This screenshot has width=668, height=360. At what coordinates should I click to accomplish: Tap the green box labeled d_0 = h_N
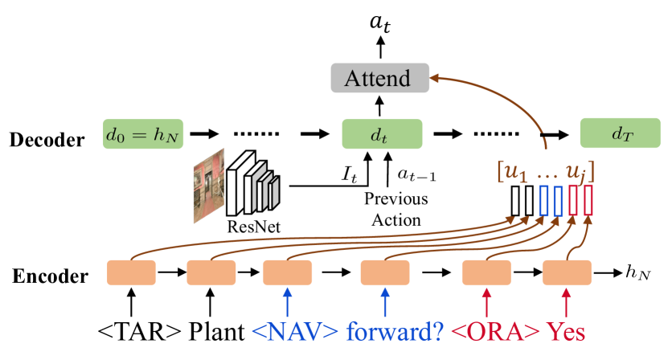pos(143,135)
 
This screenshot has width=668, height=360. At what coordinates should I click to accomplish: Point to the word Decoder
pos(47,140)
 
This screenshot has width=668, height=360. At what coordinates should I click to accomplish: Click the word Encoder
pos(49,277)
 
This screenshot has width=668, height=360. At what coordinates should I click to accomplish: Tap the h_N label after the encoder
pos(637,273)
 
